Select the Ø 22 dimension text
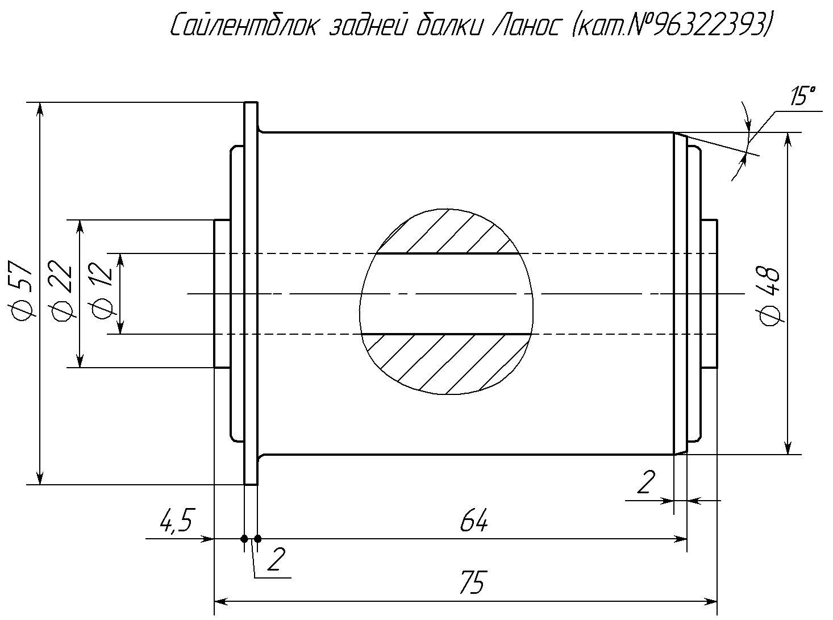[60, 290]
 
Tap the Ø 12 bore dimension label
[101, 290]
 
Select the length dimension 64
[474, 520]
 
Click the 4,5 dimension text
[176, 521]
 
